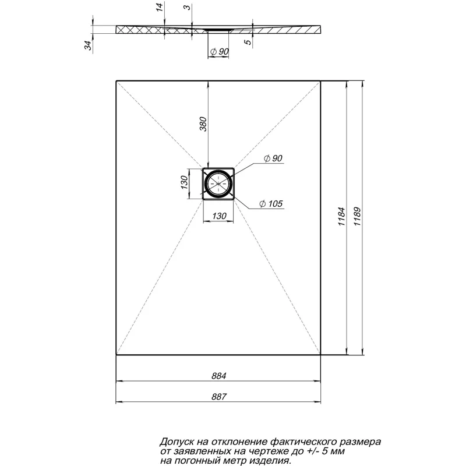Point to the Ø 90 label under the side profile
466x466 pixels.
coord(219,52)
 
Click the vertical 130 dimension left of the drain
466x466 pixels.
coord(183,183)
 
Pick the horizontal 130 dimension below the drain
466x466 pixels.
coord(218,216)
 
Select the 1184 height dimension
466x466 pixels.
coord(342,217)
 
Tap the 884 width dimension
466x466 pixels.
coord(218,376)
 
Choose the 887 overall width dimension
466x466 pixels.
coord(218,396)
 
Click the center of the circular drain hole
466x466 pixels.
coord(218,183)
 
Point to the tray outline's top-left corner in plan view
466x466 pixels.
coord(116,80)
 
